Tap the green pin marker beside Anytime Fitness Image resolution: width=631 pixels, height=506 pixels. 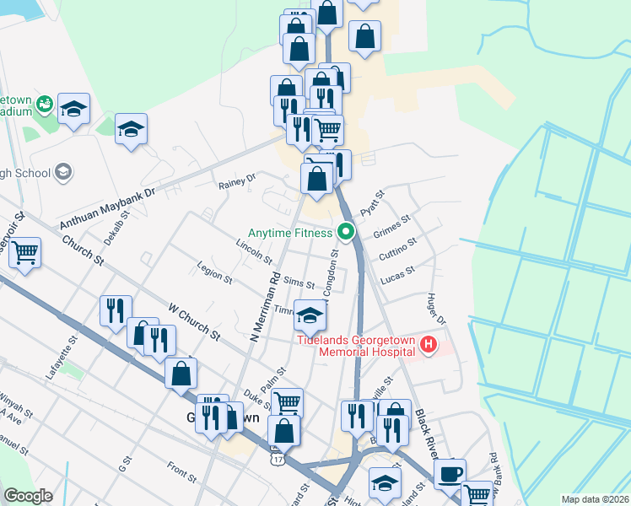[x=345, y=231]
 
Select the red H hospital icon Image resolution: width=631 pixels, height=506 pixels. [x=429, y=344]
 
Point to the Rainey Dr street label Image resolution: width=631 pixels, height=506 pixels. [x=236, y=180]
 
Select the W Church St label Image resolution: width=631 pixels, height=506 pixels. [x=194, y=322]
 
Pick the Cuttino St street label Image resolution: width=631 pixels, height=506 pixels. [x=397, y=247]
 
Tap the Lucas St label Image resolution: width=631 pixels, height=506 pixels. [x=399, y=274]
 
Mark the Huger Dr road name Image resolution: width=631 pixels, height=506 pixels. [x=436, y=307]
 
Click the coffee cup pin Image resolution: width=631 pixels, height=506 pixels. [x=449, y=474]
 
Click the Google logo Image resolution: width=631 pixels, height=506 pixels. [x=28, y=496]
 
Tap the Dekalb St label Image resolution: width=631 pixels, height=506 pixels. [x=116, y=227]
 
